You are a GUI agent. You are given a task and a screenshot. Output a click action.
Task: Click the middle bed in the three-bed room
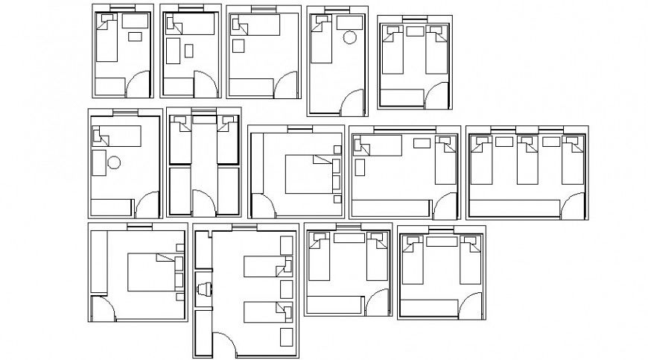tap(528, 161)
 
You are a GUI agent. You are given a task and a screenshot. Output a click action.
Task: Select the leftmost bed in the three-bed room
tap(483, 161)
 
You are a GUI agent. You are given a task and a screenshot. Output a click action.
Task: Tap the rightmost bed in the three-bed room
tap(573, 161)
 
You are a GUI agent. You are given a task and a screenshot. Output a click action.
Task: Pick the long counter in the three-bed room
tap(515, 209)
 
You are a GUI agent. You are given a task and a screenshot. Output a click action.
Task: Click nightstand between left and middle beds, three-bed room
tap(504, 141)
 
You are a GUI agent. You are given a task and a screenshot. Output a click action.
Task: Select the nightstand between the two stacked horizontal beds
tap(286, 288)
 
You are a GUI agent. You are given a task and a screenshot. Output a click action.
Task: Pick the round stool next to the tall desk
tap(114, 162)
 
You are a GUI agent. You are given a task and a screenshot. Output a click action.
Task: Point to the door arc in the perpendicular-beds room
tap(447, 208)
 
